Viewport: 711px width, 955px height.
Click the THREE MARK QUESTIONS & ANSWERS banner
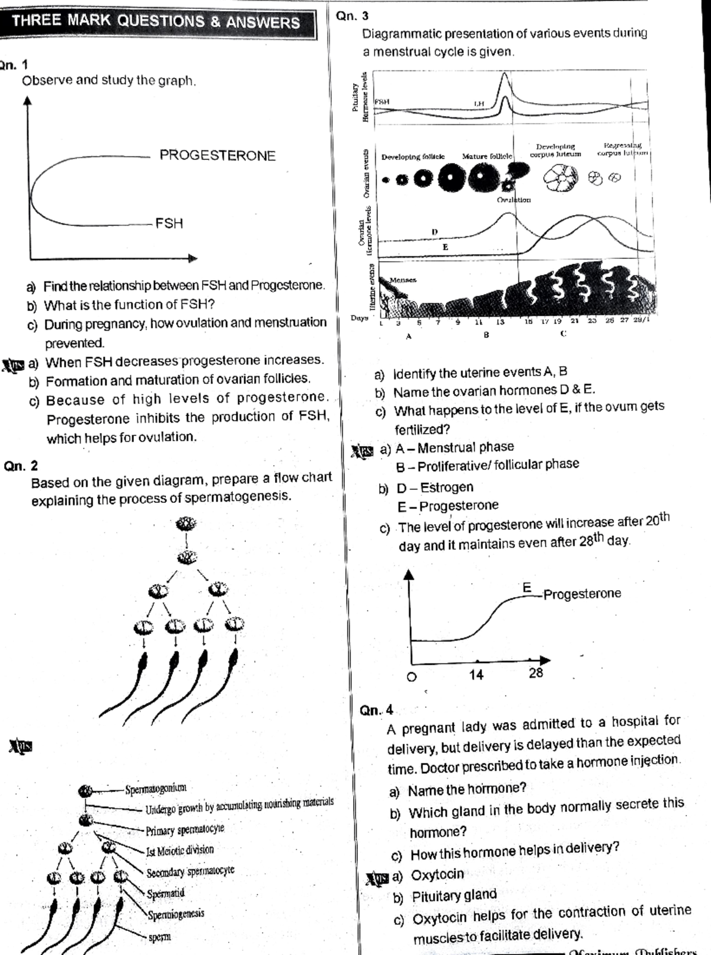pyautogui.click(x=155, y=21)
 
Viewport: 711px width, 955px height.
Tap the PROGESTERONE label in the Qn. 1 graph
pyautogui.click(x=217, y=156)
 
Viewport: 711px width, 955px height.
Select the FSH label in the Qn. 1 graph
pyautogui.click(x=169, y=223)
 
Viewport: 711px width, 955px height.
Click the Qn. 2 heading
pyautogui.click(x=21, y=466)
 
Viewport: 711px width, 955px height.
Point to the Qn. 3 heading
pyautogui.click(x=352, y=16)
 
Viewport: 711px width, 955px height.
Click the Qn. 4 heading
pyautogui.click(x=376, y=710)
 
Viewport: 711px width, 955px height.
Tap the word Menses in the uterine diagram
pyautogui.click(x=402, y=280)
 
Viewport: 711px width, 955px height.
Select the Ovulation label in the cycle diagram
pyautogui.click(x=514, y=200)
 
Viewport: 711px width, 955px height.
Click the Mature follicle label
pyautogui.click(x=486, y=156)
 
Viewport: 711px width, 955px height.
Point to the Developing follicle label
pyautogui.click(x=412, y=157)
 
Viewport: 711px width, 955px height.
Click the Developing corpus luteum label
pyautogui.click(x=555, y=150)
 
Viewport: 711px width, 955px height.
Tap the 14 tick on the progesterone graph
pyautogui.click(x=476, y=675)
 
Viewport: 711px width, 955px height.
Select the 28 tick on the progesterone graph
pyautogui.click(x=536, y=673)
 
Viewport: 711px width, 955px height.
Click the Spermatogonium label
pyautogui.click(x=155, y=789)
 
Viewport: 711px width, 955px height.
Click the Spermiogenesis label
pyautogui.click(x=176, y=914)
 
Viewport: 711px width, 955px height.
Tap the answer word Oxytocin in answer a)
pyautogui.click(x=437, y=874)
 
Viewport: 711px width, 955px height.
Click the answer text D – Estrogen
pyautogui.click(x=434, y=488)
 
